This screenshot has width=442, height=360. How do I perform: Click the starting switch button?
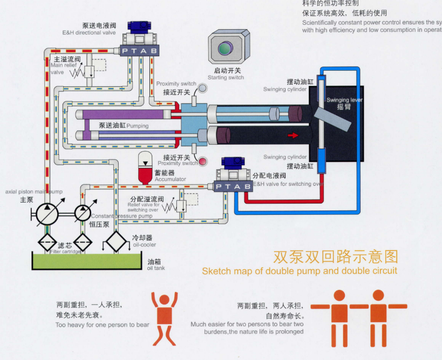[229, 49]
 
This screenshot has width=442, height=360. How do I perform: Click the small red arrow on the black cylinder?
[293, 135]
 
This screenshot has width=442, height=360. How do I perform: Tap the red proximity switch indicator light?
[203, 161]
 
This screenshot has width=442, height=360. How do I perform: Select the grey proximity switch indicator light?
[202, 87]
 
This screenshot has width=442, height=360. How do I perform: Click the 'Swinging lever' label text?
[345, 100]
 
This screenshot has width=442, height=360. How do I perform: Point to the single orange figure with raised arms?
[164, 318]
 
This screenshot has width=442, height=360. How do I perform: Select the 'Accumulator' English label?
[171, 179]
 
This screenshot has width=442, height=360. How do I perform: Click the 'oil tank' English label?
[156, 268]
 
